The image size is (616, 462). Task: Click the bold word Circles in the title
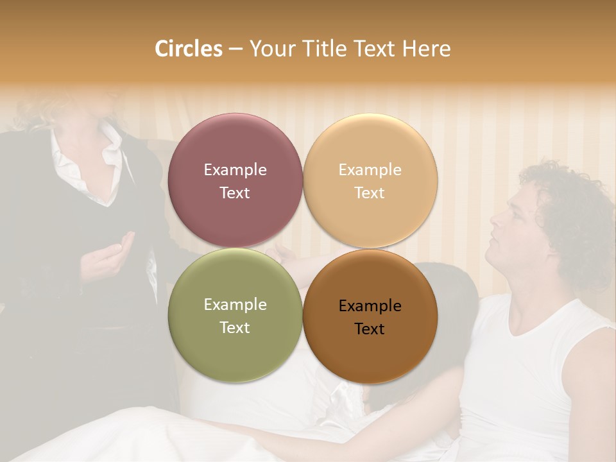pos(189,49)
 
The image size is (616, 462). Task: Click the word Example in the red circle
pos(235,170)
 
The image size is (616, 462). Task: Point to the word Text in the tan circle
pos(370,193)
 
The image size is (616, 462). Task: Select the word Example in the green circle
pos(235,305)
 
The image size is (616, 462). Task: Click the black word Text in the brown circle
pos(370,329)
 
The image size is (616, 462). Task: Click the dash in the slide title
pos(235,49)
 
